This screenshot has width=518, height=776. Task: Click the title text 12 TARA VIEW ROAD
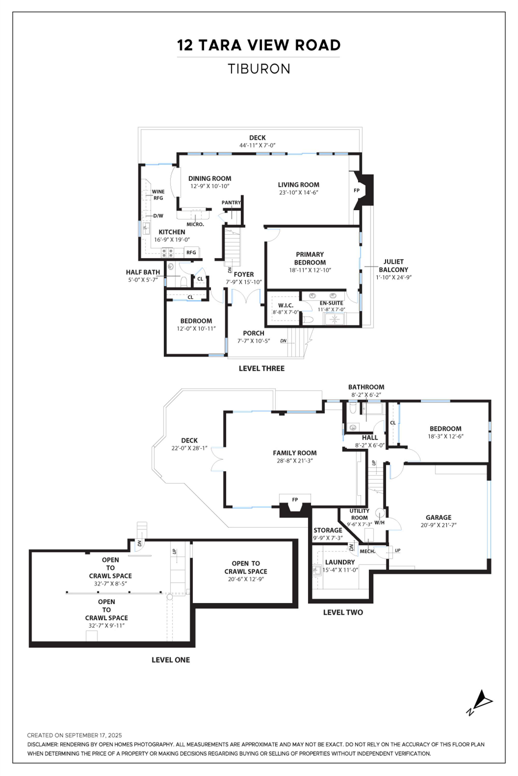click(x=259, y=45)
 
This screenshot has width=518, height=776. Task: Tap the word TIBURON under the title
click(x=259, y=69)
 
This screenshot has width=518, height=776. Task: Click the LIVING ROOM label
click(x=298, y=185)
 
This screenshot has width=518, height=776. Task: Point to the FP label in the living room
click(x=356, y=190)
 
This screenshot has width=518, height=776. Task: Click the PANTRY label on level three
click(x=231, y=203)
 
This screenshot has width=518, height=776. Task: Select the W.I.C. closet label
click(x=285, y=305)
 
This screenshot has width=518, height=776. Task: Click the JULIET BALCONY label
click(x=393, y=266)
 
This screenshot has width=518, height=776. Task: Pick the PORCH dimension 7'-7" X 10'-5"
click(x=253, y=341)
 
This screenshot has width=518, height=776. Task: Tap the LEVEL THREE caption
click(x=261, y=368)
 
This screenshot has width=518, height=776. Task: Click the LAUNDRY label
click(x=340, y=562)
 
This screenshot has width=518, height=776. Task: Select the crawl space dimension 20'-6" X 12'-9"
click(x=246, y=579)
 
